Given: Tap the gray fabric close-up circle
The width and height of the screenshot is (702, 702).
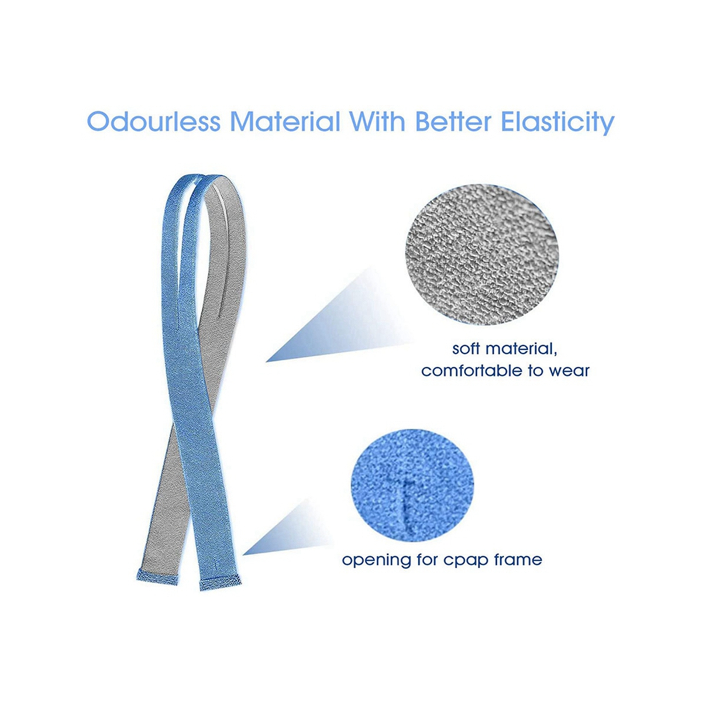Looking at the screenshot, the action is pos(480,254).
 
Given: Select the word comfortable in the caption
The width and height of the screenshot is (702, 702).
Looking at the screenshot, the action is pos(471,371).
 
